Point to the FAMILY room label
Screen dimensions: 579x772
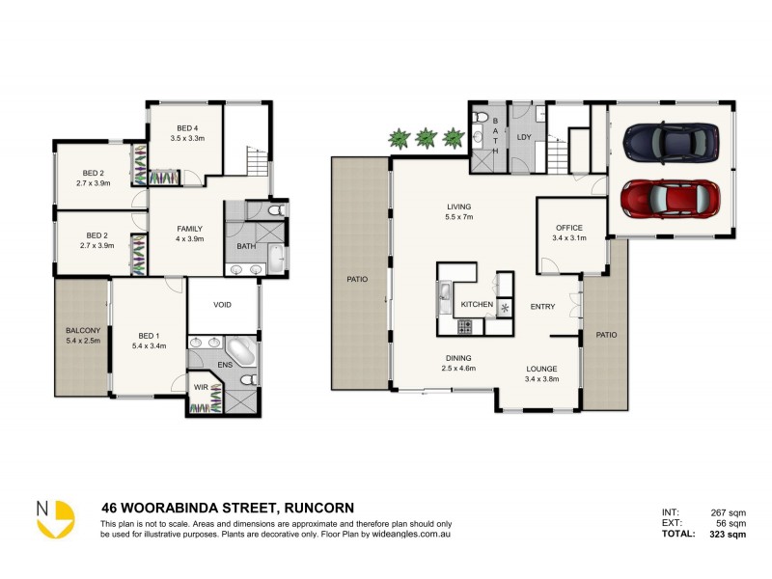[x=188, y=229]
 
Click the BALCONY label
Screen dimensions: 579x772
[x=82, y=330]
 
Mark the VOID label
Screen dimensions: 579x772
[x=223, y=305]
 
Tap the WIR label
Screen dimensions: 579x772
[x=201, y=388]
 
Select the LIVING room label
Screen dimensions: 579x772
[x=458, y=206]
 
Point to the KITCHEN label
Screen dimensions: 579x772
[x=477, y=305]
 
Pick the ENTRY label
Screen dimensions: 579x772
[x=542, y=307]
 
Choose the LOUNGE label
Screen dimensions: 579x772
[x=540, y=369]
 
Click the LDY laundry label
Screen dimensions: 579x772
[x=524, y=137]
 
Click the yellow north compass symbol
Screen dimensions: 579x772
[x=56, y=517]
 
